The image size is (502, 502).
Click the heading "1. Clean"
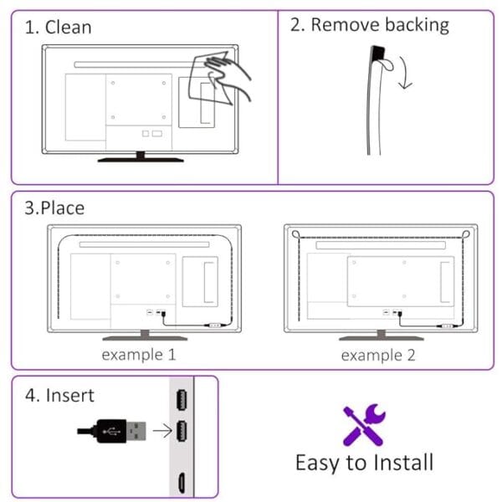[58, 27]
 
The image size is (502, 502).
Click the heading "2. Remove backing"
[369, 25]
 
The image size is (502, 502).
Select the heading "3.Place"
[54, 207]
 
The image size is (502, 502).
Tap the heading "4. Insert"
[59, 395]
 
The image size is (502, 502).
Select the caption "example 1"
[139, 354]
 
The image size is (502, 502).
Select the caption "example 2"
[378, 355]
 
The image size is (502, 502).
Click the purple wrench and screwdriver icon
[363, 425]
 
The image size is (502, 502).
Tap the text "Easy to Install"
[364, 462]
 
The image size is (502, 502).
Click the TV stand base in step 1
[139, 156]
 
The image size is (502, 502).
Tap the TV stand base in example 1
[139, 338]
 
